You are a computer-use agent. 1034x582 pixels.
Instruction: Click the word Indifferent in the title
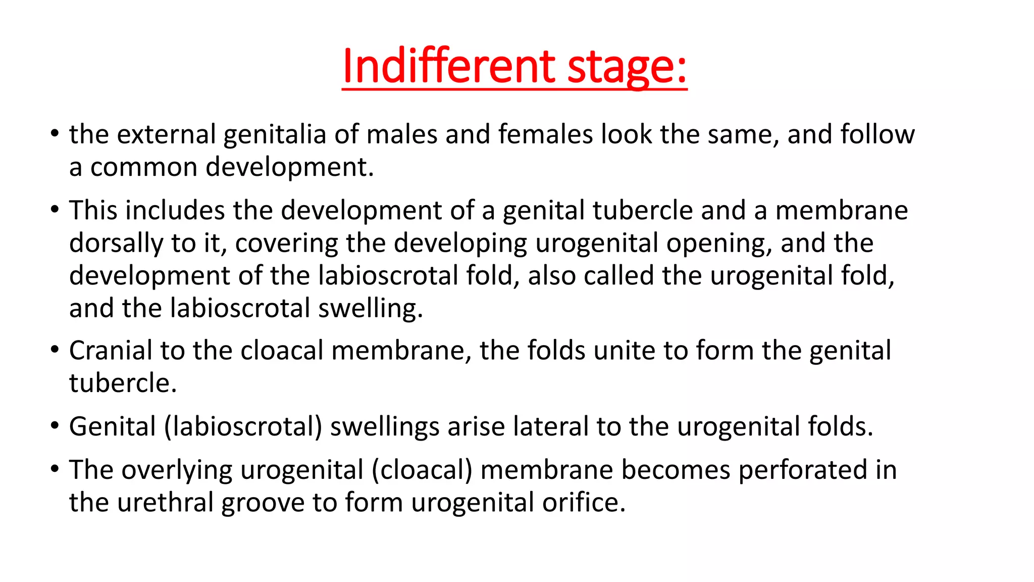(448, 66)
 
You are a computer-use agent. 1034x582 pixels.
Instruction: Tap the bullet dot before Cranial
(55, 350)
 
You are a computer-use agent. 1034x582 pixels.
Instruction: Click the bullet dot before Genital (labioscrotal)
(55, 425)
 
